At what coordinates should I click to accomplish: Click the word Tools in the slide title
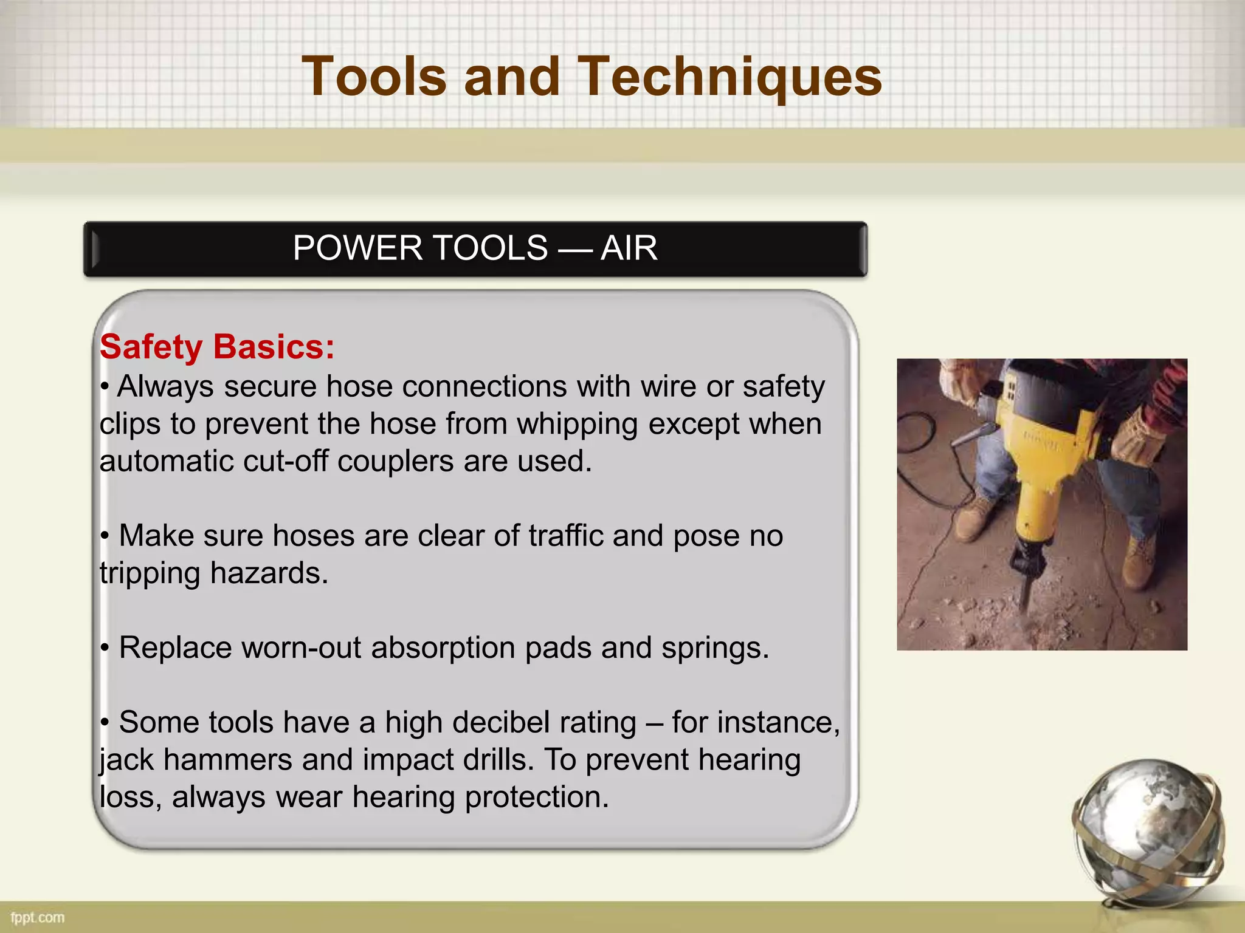point(374,77)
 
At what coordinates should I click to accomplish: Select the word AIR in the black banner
point(629,248)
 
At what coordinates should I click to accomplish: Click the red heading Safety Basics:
point(217,347)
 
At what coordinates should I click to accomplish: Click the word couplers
point(395,461)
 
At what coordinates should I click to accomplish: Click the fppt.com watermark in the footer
point(37,917)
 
